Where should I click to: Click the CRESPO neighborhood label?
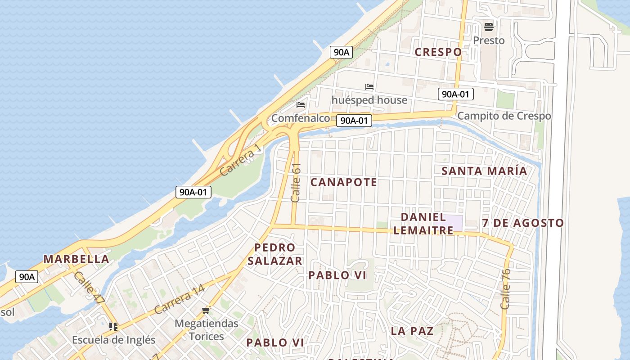point(438,52)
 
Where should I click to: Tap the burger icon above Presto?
point(489,27)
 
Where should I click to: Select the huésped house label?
point(369,100)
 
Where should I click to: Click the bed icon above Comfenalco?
point(301,105)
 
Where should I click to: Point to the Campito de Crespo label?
point(504,116)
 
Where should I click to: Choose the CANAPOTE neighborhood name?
point(344,182)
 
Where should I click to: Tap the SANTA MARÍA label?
point(484,171)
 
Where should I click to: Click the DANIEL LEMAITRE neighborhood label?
point(423,224)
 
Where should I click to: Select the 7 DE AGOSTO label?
point(522,223)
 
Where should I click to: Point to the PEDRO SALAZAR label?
point(274,254)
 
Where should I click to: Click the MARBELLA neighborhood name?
point(76,259)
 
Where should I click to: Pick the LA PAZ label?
point(412,331)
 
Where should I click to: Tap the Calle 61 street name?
point(296,182)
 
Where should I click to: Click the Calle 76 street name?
point(505,289)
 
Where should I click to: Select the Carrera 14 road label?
point(179,300)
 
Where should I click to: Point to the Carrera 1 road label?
point(240,161)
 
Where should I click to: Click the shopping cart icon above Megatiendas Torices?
point(206,310)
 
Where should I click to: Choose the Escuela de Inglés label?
point(113,340)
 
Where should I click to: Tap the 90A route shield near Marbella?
point(27,277)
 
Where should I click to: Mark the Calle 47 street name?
point(89,288)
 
